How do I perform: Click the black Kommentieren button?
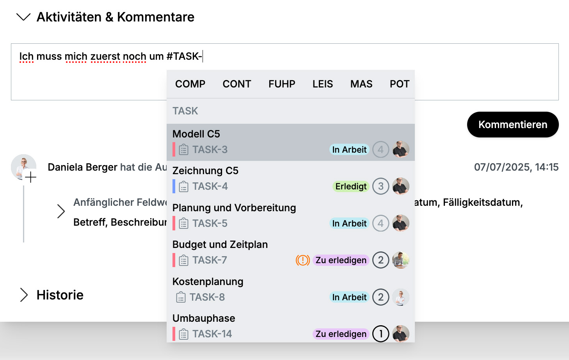tap(513, 125)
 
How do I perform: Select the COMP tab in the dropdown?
tap(190, 84)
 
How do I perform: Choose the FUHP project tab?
tap(282, 84)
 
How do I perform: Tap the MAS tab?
tap(361, 84)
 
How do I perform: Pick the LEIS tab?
tap(323, 84)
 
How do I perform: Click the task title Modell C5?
tap(196, 134)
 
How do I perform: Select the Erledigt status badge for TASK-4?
tap(351, 186)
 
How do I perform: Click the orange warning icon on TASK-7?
tap(302, 260)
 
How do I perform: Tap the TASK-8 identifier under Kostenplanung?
tap(207, 297)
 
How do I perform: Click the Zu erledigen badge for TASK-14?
tap(341, 334)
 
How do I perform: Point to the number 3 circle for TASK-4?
tap(381, 186)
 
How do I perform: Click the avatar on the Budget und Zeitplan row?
tap(400, 260)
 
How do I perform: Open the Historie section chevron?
tap(24, 295)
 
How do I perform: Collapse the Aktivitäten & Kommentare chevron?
tap(23, 17)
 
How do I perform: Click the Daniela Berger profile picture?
tap(23, 167)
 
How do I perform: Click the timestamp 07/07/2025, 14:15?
tap(516, 167)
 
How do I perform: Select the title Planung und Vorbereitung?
tap(234, 208)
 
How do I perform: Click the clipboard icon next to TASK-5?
tap(183, 223)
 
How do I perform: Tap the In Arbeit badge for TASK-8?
tap(349, 297)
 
